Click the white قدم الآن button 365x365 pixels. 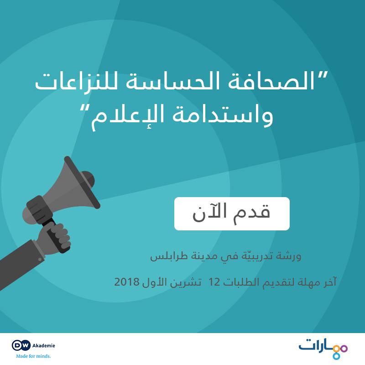pyautogui.click(x=232, y=214)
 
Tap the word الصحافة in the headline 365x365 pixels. pyautogui.click(x=271, y=81)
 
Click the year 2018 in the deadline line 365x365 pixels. pyautogui.click(x=127, y=282)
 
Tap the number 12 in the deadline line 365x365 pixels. pyautogui.click(x=214, y=282)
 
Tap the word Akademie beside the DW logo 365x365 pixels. pyautogui.click(x=43, y=345)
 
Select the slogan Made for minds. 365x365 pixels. pyautogui.click(x=33, y=356)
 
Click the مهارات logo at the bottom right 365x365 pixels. pyautogui.click(x=323, y=349)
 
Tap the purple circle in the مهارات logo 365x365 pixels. pyautogui.click(x=344, y=349)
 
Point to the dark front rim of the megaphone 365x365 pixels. pyautogui.click(x=82, y=182)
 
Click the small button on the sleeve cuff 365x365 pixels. pyautogui.click(x=40, y=259)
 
